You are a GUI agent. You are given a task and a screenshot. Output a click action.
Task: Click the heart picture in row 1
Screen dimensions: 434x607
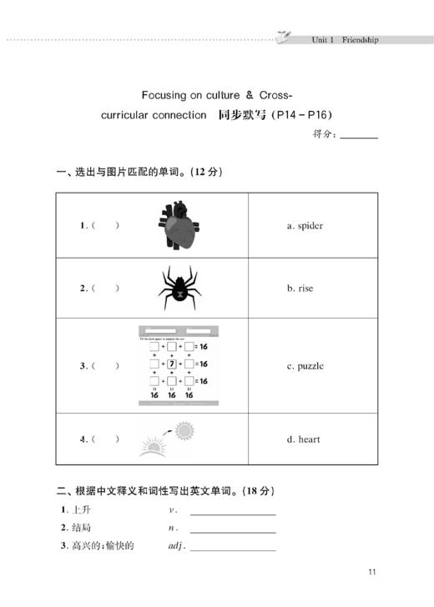coord(179,225)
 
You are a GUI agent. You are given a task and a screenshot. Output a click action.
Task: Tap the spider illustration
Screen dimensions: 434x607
coord(178,288)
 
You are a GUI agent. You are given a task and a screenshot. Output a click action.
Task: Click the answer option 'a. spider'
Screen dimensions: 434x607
coord(305,225)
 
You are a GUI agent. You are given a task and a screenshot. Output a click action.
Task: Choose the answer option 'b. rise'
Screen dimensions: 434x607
coord(300,288)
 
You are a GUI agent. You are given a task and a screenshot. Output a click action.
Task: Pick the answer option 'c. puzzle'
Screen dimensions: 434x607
coord(305,365)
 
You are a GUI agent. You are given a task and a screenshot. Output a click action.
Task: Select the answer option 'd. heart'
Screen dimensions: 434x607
coord(304,439)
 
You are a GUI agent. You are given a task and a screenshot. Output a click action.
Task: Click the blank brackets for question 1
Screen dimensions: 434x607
coord(105,225)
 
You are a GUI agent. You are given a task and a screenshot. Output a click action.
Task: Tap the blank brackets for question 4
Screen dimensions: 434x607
coord(105,439)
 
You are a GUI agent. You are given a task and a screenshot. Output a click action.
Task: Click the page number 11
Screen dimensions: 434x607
coord(372,572)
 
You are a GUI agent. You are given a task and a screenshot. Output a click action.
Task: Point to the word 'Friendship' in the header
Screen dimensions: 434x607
coord(360,39)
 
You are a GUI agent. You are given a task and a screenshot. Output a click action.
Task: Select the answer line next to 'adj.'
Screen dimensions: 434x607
coord(233,549)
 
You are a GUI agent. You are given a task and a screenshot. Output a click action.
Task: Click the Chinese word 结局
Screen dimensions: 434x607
coord(81,528)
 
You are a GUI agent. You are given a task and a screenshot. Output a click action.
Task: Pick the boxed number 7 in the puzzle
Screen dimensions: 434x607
coord(172,364)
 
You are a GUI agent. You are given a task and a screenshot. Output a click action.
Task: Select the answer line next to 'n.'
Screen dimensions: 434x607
coord(233,530)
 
